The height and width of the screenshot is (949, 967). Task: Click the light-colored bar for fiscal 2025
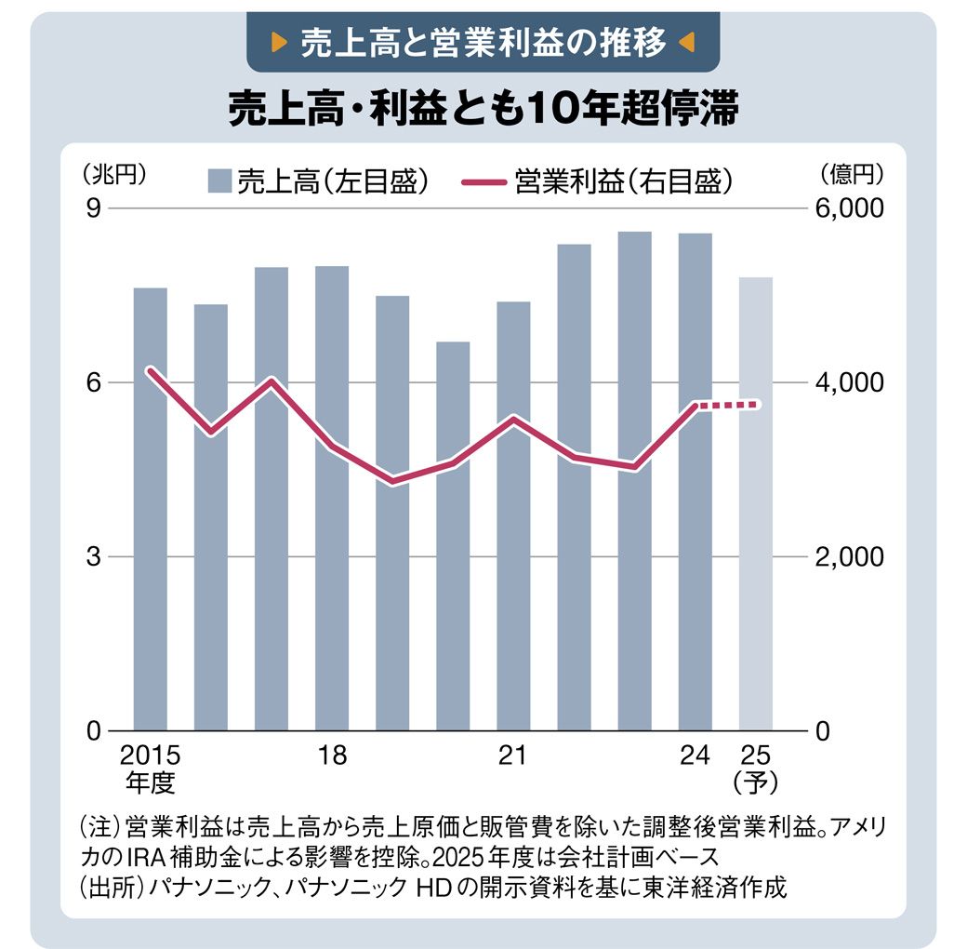point(755,503)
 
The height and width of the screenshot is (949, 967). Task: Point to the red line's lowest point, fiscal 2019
point(393,481)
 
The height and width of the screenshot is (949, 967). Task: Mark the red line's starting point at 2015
point(151,370)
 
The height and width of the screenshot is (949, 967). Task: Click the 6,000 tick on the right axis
point(848,208)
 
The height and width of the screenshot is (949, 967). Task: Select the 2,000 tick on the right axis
point(848,556)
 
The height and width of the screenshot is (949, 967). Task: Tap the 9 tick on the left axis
point(93,208)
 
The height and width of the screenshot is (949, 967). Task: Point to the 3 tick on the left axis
point(93,556)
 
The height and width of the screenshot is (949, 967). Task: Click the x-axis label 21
point(512,755)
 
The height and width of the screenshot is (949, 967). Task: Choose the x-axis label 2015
point(150,755)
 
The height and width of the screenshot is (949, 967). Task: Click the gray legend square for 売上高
point(219,180)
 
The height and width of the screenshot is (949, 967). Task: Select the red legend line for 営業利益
point(484,180)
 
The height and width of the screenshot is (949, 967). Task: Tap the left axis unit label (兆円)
point(113,173)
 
